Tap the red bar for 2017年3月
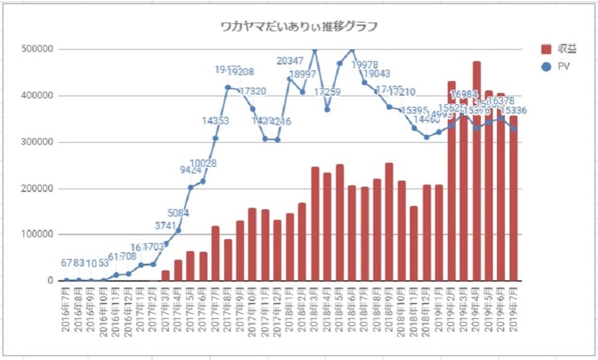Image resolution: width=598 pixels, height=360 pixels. click(165, 275)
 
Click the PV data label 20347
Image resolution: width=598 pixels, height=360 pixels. click(290, 61)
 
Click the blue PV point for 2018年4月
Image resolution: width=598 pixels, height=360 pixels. click(327, 110)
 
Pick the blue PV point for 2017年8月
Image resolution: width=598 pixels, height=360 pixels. click(228, 87)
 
